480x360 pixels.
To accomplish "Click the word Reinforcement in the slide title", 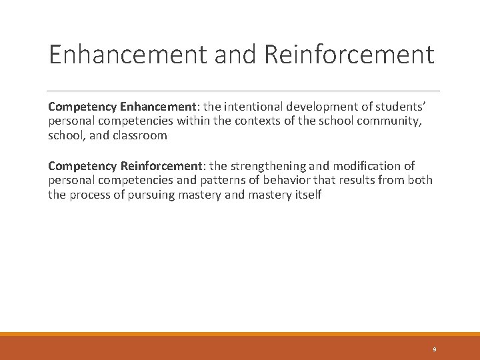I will (349, 54).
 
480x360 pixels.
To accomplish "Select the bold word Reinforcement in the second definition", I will (163, 166).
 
